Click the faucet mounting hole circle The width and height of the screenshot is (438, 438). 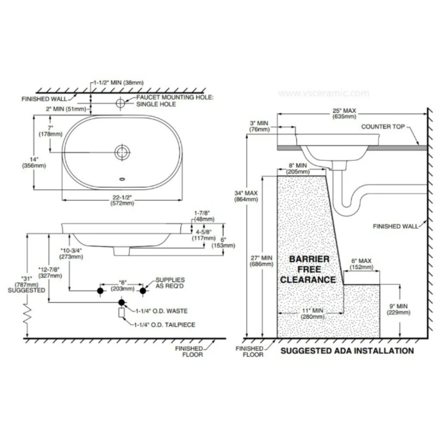pos(120,103)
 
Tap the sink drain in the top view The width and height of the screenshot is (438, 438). pos(122,152)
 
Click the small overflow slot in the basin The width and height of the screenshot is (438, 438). pos(122,179)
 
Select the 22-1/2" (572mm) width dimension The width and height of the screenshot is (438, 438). pos(122,200)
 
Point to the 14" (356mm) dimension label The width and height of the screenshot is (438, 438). pos(34,162)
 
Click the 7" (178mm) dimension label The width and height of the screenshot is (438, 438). pos(50,131)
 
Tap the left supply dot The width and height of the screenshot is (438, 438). pos(100,291)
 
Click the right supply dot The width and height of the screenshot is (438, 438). pos(143,291)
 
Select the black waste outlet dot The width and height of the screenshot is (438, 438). pos(121,302)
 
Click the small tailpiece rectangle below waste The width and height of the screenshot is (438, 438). pos(121,313)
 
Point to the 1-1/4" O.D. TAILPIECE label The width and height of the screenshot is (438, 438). pos(165,325)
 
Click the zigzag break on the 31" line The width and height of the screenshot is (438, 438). pos(27,314)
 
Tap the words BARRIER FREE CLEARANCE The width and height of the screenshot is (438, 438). pos(308,269)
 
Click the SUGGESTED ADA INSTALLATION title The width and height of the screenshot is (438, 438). pos(347,351)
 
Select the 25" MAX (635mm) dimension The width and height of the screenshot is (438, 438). pos(344,113)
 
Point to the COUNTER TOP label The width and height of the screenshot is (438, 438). pos(383,127)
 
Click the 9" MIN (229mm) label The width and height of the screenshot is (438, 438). pos(399,309)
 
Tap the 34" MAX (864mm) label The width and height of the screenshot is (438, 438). pos(246,196)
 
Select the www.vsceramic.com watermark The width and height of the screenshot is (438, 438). pos(324,93)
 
